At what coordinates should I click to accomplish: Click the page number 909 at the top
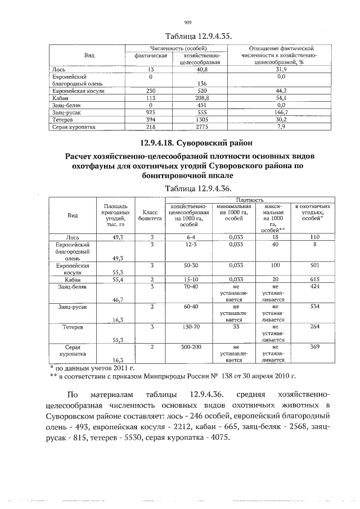click(x=188, y=22)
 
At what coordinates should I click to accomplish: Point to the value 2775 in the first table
click(x=195, y=127)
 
